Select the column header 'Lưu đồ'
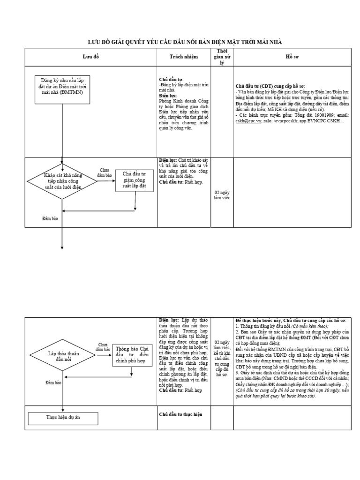tap(91, 57)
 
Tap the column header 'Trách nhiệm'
tap(184, 57)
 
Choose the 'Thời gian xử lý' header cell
tap(222, 57)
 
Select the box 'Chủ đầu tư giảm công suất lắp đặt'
tap(135, 180)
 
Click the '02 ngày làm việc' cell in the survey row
tap(222, 195)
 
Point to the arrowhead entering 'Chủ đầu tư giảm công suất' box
tap(113, 180)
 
